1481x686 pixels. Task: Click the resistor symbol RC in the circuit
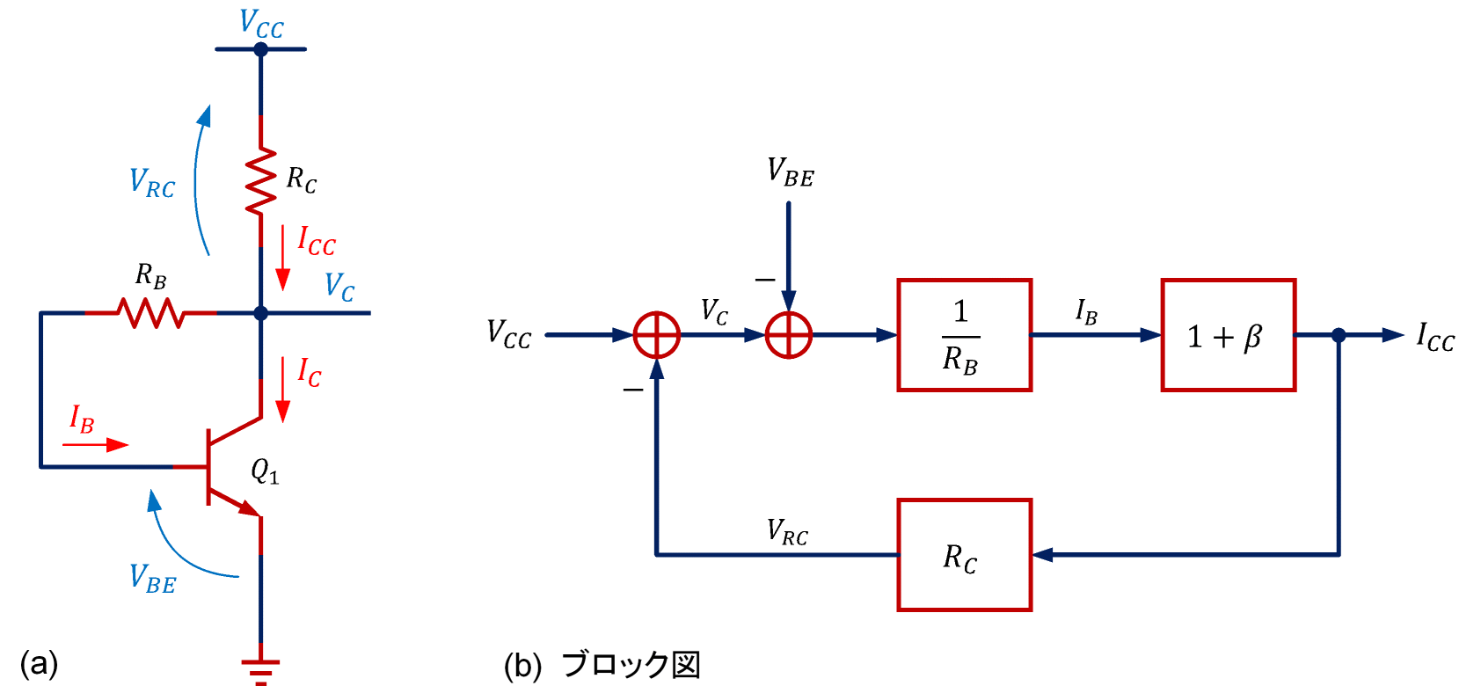pyautogui.click(x=260, y=181)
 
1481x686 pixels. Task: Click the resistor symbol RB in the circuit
pyautogui.click(x=151, y=312)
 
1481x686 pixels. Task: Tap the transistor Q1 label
pyautogui.click(x=265, y=472)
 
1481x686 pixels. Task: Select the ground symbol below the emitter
pyautogui.click(x=260, y=670)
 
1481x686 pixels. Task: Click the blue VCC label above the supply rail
pyautogui.click(x=261, y=24)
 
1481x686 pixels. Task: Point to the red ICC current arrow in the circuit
pyautogui.click(x=283, y=257)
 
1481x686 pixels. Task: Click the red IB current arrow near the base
pyautogui.click(x=95, y=445)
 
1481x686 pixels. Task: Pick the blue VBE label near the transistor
pyautogui.click(x=153, y=579)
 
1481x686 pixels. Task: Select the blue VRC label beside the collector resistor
pyautogui.click(x=152, y=183)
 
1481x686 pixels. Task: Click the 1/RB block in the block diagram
pyautogui.click(x=964, y=335)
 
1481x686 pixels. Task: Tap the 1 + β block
pyautogui.click(x=1228, y=335)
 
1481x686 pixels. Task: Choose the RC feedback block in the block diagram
pyautogui.click(x=964, y=555)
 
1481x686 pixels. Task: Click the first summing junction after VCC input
pyautogui.click(x=657, y=335)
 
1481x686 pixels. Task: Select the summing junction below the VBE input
pyautogui.click(x=789, y=335)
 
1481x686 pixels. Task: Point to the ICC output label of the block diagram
pyautogui.click(x=1435, y=337)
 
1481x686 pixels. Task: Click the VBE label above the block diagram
pyautogui.click(x=790, y=172)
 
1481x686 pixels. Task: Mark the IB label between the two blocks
pyautogui.click(x=1086, y=311)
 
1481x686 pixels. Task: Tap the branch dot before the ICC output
pyautogui.click(x=1339, y=335)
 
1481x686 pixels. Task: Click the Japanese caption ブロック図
pyautogui.click(x=631, y=665)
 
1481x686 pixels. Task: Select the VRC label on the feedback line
pyautogui.click(x=787, y=532)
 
